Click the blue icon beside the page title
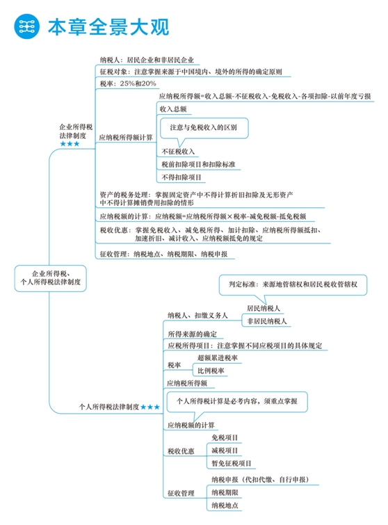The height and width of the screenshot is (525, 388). point(27,26)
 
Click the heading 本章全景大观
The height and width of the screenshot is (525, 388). point(108,26)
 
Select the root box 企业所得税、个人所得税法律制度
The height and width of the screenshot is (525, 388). point(51,277)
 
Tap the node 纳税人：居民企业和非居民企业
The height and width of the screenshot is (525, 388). point(147,60)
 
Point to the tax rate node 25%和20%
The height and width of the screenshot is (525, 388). point(128,84)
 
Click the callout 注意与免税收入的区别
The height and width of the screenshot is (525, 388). point(203,127)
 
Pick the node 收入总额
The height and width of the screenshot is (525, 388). point(174,110)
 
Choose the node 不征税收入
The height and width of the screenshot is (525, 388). point(178,151)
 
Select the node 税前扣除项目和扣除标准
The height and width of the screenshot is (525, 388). point(197,165)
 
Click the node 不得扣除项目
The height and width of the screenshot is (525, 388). point(181,178)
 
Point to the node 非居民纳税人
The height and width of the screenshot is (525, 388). point(268,321)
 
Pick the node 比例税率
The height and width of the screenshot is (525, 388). point(211,371)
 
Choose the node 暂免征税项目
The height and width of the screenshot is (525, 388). point(232,463)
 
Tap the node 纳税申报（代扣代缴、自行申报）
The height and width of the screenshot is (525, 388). point(260,480)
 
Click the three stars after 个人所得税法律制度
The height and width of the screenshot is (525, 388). point(150,407)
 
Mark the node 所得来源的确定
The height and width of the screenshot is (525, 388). point(192,334)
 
